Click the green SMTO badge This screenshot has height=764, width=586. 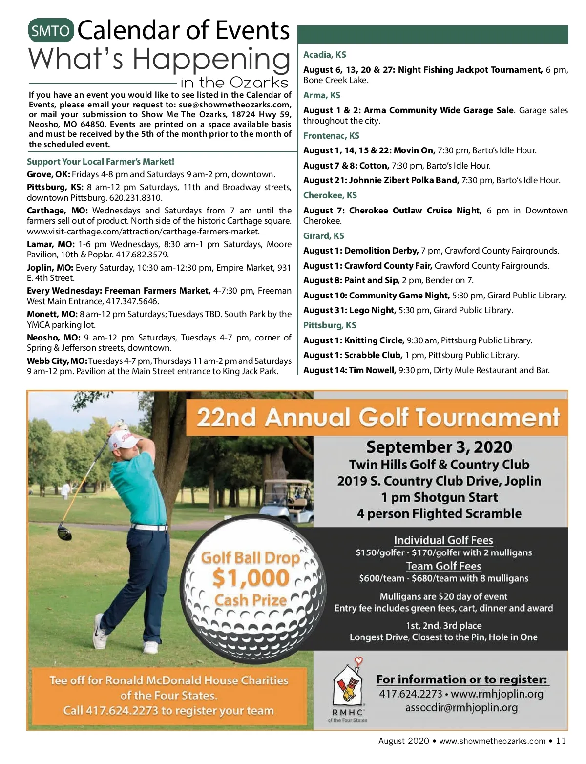51,31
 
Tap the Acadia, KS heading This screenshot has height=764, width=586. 325,55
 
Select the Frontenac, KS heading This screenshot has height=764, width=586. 331,136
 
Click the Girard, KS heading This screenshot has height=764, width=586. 324,236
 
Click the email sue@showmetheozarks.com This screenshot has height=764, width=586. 235,105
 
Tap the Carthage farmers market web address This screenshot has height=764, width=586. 143,232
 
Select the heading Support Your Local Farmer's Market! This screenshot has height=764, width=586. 101,162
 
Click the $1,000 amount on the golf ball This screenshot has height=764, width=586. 251,578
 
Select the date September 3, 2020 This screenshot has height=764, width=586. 439,447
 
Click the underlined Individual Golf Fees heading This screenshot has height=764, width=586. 443,540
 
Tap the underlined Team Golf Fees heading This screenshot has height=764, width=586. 443,566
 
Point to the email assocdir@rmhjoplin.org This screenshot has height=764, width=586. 461,707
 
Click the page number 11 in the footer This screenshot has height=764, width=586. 561,741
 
